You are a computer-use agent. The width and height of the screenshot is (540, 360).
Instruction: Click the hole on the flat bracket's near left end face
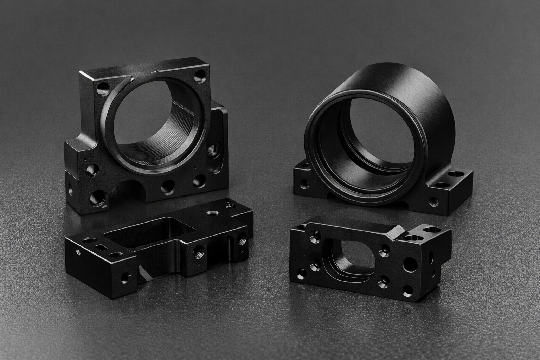pos(124,278)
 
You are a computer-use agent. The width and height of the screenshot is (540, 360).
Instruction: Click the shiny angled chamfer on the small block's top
pos(395,232)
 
